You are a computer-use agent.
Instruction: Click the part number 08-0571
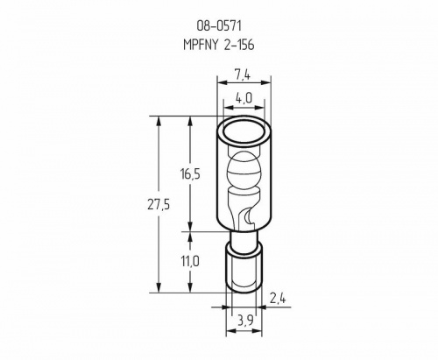click(x=219, y=26)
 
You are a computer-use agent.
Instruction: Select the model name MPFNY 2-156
click(x=219, y=45)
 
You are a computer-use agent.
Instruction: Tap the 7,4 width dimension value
click(x=243, y=75)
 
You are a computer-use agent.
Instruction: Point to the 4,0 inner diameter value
click(x=244, y=99)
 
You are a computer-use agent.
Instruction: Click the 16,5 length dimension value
click(x=190, y=174)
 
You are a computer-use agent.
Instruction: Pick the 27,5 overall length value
click(x=159, y=205)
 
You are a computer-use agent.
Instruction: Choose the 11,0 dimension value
click(x=190, y=261)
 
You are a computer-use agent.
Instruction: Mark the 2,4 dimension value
click(x=278, y=299)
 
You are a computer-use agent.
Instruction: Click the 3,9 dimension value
click(x=244, y=321)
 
